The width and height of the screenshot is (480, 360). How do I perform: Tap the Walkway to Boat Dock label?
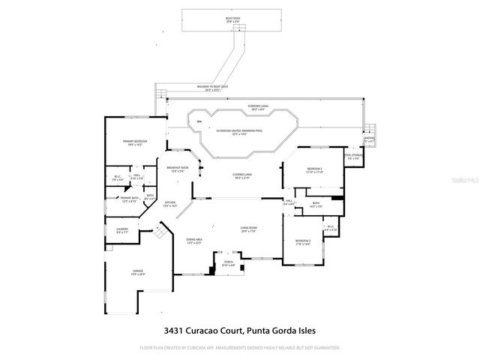coord(213,88)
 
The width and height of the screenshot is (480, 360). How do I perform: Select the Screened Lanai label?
coord(259,107)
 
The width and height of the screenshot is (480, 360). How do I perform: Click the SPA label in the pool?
coord(199,121)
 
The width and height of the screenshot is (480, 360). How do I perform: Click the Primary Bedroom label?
coord(135,142)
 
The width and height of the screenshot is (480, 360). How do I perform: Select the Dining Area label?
coord(194,241)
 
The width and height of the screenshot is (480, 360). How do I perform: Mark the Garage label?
coord(139,272)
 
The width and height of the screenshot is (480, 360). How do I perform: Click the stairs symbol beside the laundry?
coord(158,235)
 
